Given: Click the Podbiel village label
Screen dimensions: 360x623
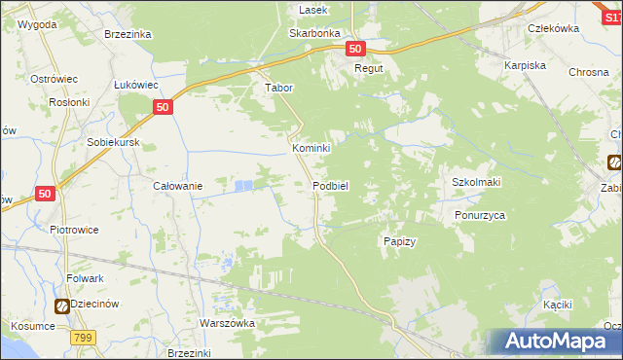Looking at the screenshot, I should click(331, 185).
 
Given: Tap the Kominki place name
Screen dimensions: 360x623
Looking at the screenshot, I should click(311, 148).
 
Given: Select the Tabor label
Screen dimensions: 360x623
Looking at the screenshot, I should click(279, 87).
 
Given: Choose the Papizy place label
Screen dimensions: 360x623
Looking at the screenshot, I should click(400, 241).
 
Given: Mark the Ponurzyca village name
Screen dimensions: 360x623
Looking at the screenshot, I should click(480, 215).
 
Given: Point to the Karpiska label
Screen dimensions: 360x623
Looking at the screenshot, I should click(524, 64).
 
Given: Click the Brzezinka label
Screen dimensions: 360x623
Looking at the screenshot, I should click(128, 33).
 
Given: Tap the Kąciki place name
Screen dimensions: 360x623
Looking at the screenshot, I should click(557, 305).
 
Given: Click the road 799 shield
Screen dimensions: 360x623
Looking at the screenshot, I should click(83, 338).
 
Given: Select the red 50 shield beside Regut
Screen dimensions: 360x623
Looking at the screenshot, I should click(354, 49).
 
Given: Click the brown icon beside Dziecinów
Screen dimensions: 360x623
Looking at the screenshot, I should click(62, 306).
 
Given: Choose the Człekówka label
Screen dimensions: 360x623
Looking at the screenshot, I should click(553, 28).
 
